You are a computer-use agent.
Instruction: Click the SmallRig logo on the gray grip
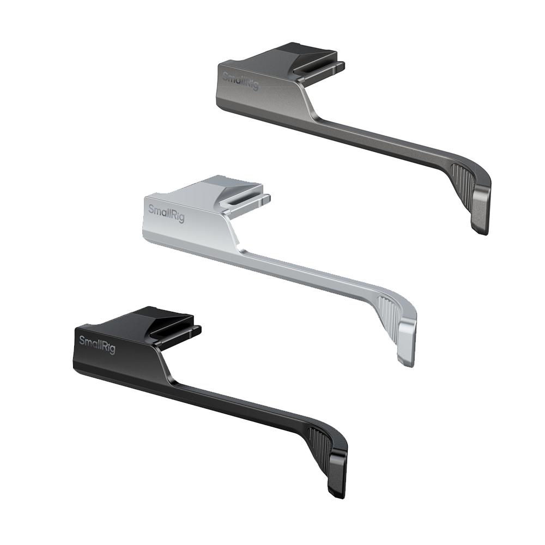pos(240,81)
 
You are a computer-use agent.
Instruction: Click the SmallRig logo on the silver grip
pos(166,213)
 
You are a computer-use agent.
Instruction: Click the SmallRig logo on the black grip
pos(97,344)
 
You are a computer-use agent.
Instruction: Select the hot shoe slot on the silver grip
pos(245,200)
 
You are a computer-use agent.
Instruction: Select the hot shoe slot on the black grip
pos(175,331)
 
